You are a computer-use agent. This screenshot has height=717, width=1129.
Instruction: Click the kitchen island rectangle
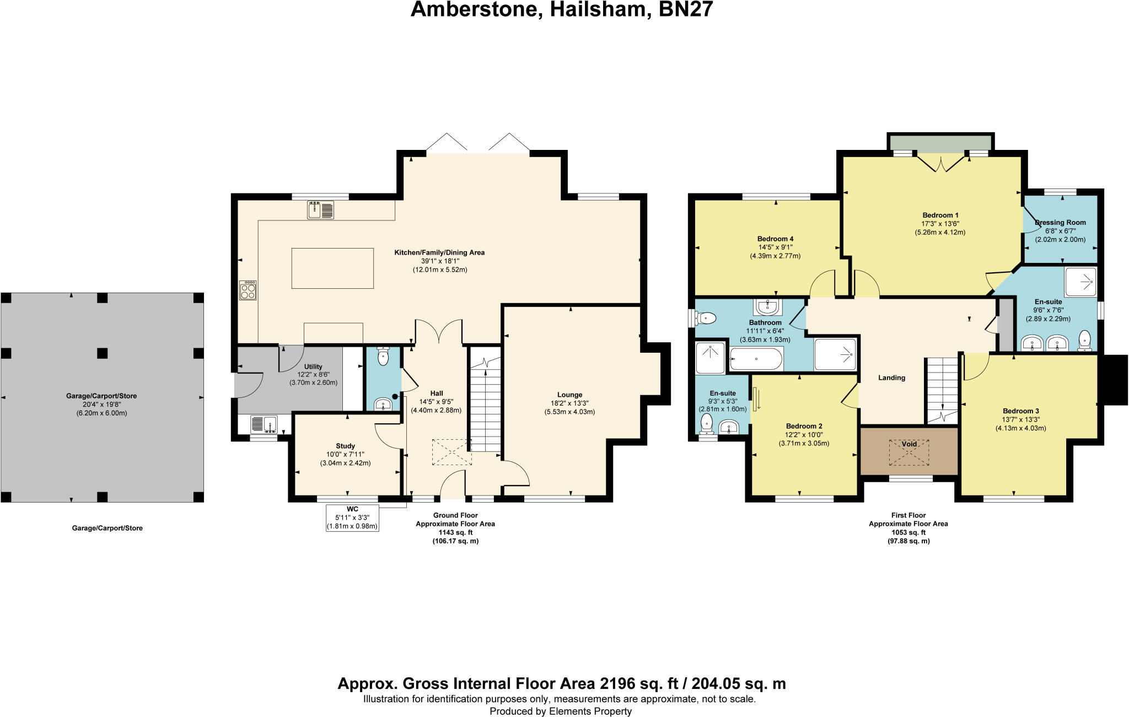[x=332, y=268]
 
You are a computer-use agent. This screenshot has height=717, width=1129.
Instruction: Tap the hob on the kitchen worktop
[x=248, y=290]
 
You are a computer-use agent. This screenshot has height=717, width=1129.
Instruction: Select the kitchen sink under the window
[x=320, y=211]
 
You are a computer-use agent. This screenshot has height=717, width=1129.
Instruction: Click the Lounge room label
[x=569, y=395]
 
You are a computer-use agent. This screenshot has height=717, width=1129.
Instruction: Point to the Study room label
[x=345, y=446]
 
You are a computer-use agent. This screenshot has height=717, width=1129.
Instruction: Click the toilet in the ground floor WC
[x=383, y=357]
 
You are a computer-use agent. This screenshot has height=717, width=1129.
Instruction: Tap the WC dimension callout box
[x=352, y=517]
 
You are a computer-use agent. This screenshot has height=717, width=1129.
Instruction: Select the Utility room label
[x=313, y=366]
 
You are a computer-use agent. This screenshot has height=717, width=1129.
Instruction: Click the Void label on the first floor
[x=909, y=444]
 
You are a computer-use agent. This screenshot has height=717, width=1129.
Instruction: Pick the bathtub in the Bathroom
[x=756, y=359]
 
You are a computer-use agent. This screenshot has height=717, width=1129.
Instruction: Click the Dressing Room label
[x=1060, y=223]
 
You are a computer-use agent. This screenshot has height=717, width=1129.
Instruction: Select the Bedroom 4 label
[x=775, y=239]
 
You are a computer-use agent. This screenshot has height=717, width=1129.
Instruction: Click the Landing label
[x=891, y=378]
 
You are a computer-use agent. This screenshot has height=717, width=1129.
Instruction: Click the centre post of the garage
[x=102, y=352]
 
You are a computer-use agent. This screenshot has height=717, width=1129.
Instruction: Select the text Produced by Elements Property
[x=560, y=711]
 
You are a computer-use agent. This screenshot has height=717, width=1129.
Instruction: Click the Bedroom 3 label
[x=1020, y=411]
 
